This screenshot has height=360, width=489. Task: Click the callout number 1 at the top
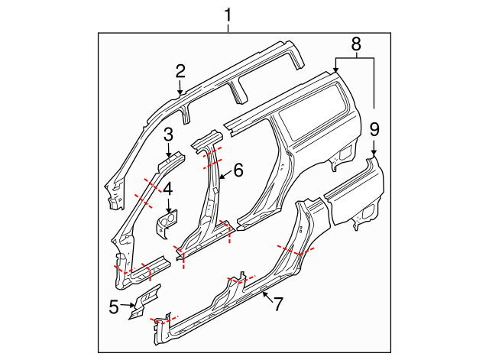click(x=228, y=13)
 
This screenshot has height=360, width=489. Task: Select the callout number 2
click(x=180, y=71)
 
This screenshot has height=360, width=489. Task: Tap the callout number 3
click(x=168, y=135)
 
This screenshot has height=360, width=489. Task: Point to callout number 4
click(x=168, y=187)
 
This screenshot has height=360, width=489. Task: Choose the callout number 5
click(x=114, y=307)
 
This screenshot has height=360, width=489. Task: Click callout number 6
click(x=238, y=170)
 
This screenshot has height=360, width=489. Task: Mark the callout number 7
click(x=278, y=303)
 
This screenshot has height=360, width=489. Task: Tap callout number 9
click(x=374, y=129)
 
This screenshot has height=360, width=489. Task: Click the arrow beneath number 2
click(x=180, y=88)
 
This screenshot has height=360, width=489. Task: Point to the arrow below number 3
click(x=168, y=151)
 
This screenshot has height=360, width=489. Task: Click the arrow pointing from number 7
click(x=266, y=295)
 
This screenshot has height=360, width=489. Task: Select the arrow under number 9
click(x=374, y=148)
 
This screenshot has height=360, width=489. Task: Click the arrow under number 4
click(x=168, y=203)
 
